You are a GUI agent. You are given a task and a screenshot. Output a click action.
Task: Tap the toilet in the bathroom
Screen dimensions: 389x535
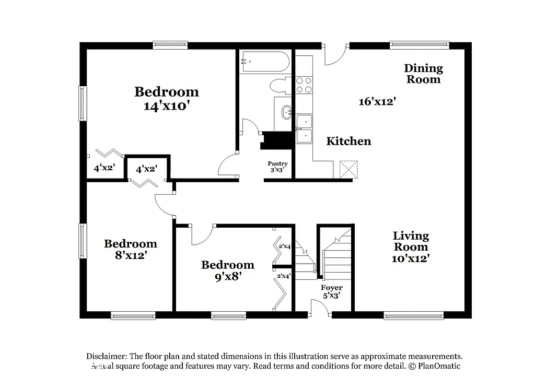point(279,86)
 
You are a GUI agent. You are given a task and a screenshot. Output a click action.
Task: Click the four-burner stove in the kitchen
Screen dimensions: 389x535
point(304,85)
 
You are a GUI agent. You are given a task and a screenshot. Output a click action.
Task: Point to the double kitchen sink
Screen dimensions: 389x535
point(304,129)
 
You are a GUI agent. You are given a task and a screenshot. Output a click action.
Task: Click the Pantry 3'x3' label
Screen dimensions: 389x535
point(277,167)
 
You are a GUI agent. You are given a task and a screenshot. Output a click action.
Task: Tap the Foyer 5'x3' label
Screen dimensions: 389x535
point(332,291)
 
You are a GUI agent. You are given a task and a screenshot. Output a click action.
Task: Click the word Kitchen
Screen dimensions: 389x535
point(348,141)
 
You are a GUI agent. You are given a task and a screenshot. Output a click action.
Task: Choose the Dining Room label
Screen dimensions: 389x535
point(423,74)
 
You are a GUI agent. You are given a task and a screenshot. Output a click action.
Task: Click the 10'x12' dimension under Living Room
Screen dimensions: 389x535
point(411,258)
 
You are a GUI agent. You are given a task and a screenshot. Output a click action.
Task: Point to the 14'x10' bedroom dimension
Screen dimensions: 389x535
point(166,105)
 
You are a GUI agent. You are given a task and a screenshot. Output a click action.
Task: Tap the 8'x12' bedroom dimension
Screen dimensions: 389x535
point(130,255)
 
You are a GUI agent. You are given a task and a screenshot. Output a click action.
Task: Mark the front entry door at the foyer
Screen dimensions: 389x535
point(320,309)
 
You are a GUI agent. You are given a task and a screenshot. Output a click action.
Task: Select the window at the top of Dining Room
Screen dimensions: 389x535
point(419,45)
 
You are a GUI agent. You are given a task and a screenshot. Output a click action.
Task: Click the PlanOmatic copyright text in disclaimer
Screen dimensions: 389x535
point(435,366)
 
